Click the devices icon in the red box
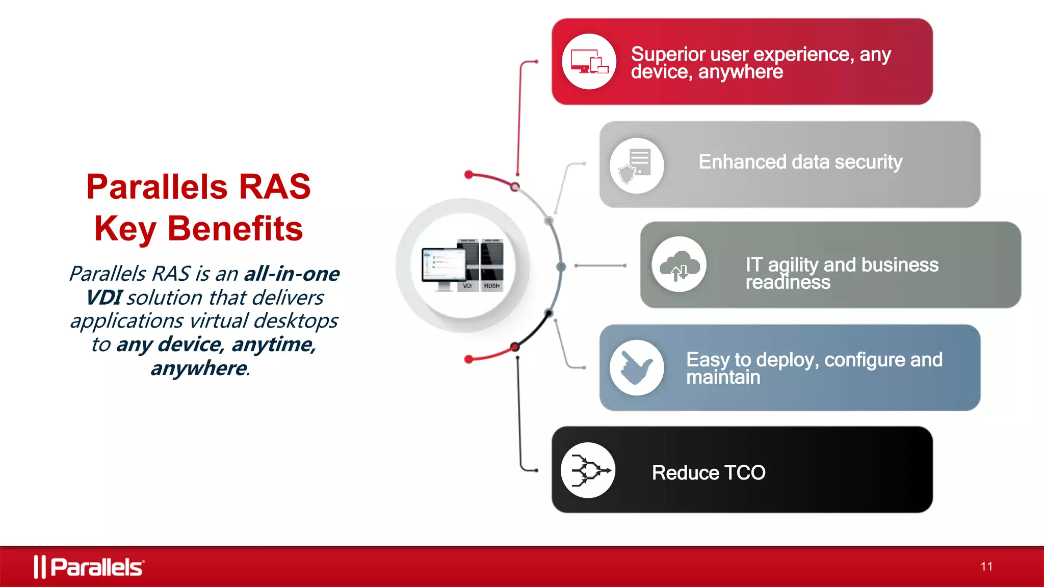tap(589, 62)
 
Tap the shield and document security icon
tap(636, 166)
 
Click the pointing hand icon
tap(636, 368)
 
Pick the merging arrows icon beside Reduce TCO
tap(588, 470)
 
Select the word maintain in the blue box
tap(723, 378)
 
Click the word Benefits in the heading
tap(234, 228)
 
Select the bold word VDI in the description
tap(103, 298)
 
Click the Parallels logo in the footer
tap(89, 567)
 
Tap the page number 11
tap(986, 567)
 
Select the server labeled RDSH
tap(491, 265)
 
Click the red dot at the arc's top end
tap(469, 175)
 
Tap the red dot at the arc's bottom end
tap(469, 360)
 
